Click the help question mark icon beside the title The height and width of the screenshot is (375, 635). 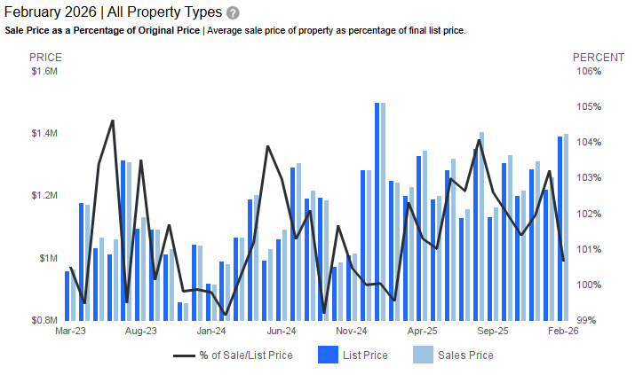coord(233,13)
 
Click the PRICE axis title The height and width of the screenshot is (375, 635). coord(46,57)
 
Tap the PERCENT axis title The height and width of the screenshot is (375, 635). coord(591,57)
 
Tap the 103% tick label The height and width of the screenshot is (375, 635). coord(590,178)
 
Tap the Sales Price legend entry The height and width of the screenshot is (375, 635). coord(452,355)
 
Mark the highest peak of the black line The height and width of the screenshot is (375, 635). coord(112,121)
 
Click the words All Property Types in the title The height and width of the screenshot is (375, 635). coord(164,13)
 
